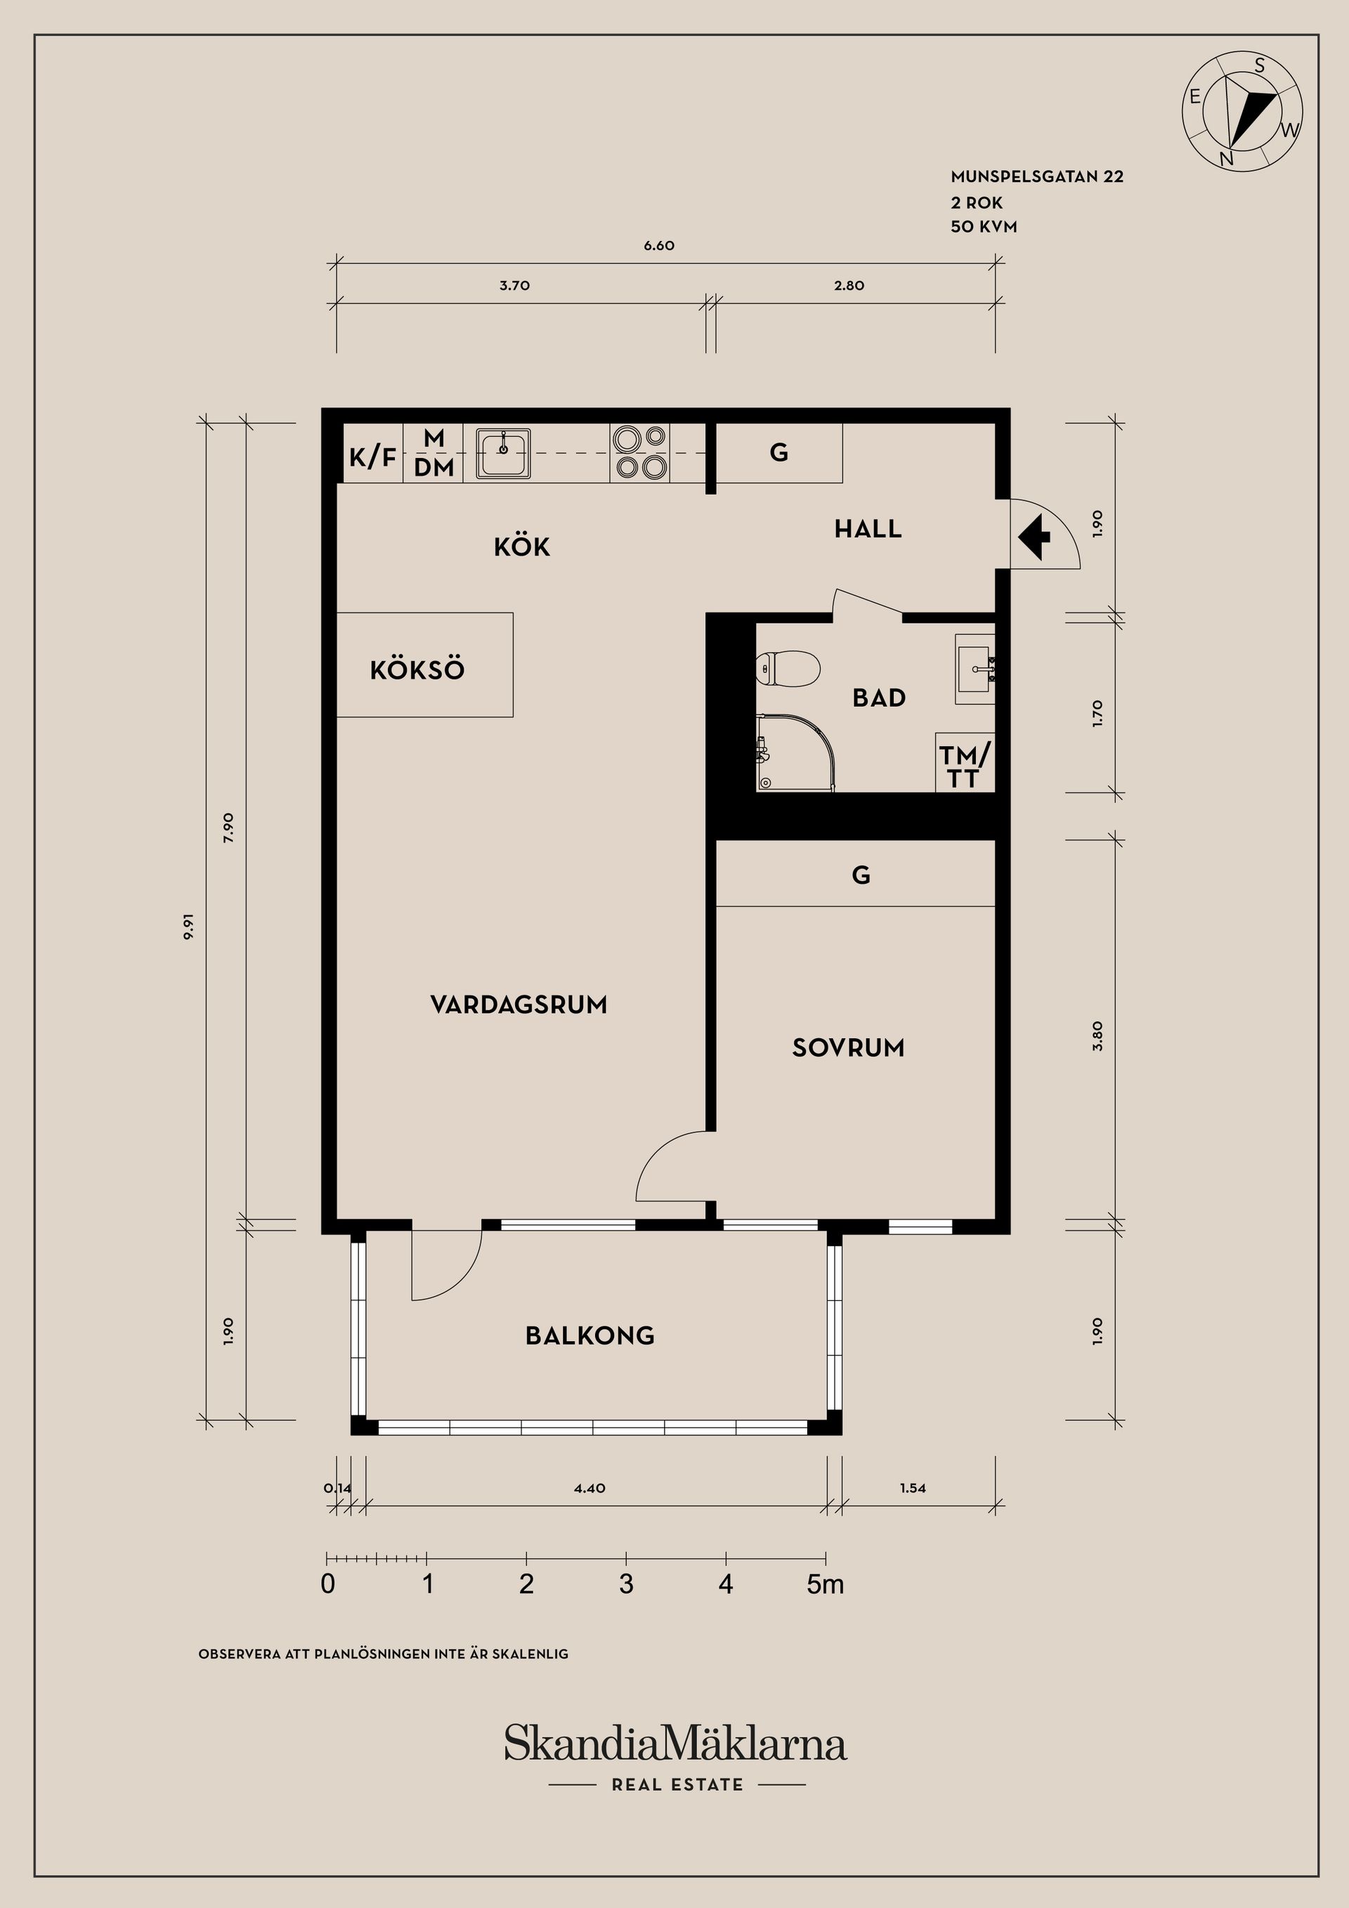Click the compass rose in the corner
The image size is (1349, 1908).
(1242, 110)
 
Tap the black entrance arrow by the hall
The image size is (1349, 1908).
(1034, 537)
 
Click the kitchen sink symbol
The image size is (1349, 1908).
(503, 453)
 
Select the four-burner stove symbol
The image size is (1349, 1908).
(639, 452)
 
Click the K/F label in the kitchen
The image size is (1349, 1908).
(372, 456)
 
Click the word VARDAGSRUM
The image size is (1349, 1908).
(519, 1005)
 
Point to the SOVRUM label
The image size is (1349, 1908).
(848, 1048)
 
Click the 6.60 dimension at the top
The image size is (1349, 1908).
(658, 246)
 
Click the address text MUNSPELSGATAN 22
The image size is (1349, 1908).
(1036, 177)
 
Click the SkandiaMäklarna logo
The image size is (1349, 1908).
(675, 1744)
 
